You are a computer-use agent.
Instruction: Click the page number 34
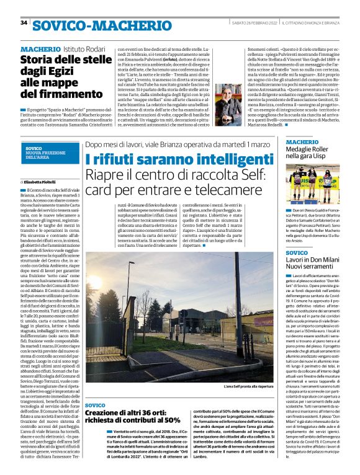[x=24, y=23]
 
